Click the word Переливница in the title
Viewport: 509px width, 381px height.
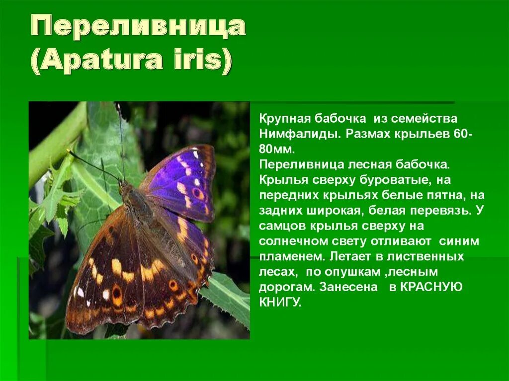(139, 27)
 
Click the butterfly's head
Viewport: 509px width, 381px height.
(125, 188)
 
